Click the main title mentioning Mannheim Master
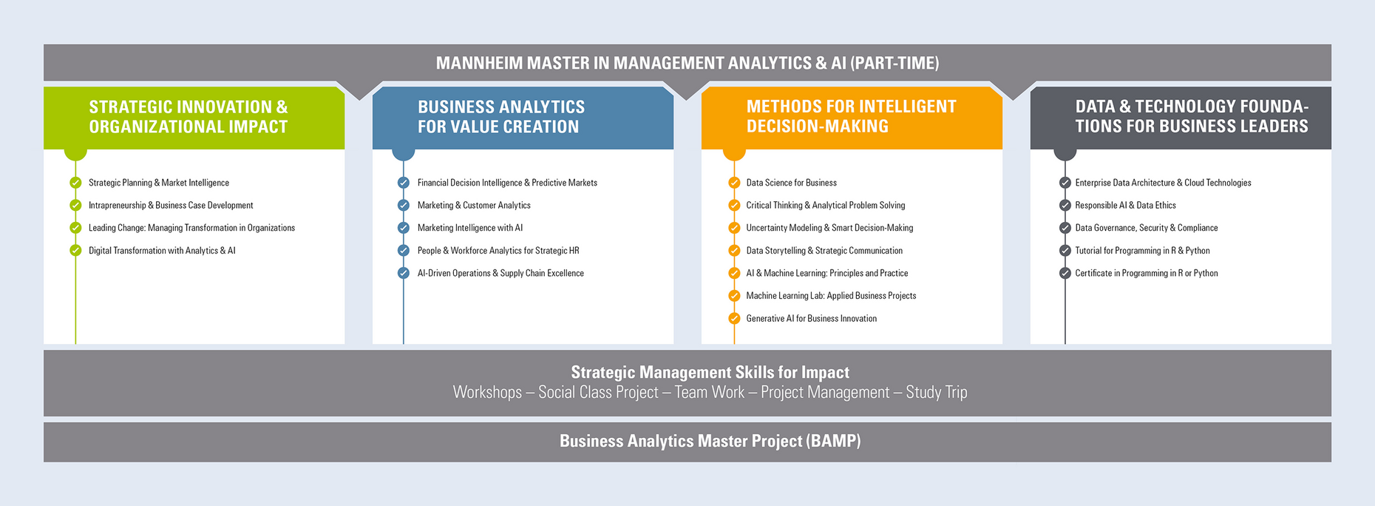tap(687, 63)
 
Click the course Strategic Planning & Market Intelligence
tap(159, 183)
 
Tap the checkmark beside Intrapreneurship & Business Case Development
tap(75, 205)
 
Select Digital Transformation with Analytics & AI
tap(162, 251)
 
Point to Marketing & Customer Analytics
tap(474, 206)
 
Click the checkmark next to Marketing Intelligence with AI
tap(404, 228)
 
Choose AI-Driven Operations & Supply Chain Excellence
tap(500, 274)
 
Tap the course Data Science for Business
tap(792, 183)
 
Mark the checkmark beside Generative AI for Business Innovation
tap(734, 318)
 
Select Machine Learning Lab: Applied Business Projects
tap(831, 296)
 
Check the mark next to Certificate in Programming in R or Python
tap(1065, 273)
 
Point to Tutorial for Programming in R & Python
tap(1142, 251)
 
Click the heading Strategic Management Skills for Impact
tap(710, 372)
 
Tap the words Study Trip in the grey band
tap(937, 392)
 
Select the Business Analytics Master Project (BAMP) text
tap(710, 441)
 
